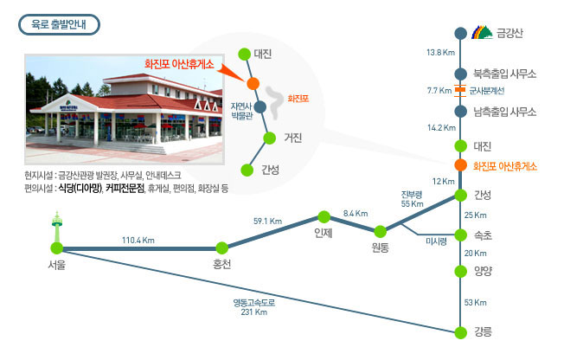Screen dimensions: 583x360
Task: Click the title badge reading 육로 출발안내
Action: pyautogui.click(x=59, y=25)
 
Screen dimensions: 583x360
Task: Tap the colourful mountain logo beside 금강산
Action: pyautogui.click(x=483, y=32)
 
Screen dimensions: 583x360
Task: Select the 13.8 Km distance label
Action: pyautogui.click(x=440, y=53)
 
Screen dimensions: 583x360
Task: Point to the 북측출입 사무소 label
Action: pyautogui.click(x=504, y=74)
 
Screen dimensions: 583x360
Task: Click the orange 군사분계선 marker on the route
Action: pyautogui.click(x=460, y=90)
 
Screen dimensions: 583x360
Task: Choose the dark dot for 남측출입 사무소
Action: pyautogui.click(x=461, y=111)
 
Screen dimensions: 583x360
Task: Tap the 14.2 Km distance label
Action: pyautogui.click(x=441, y=128)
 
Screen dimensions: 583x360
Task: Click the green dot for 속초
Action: pyautogui.click(x=461, y=235)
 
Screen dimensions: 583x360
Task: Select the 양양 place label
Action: pyautogui.click(x=483, y=271)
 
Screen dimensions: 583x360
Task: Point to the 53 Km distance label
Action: pyautogui.click(x=475, y=303)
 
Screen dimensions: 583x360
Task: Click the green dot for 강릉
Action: pyautogui.click(x=461, y=332)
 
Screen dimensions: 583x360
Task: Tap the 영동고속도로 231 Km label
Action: pyautogui.click(x=254, y=307)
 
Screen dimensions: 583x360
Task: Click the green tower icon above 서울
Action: pyautogui.click(x=56, y=226)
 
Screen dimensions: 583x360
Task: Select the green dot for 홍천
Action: pyautogui.click(x=221, y=247)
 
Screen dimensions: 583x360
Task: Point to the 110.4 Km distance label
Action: pyautogui.click(x=138, y=241)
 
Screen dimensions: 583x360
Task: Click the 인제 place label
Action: pyautogui.click(x=324, y=233)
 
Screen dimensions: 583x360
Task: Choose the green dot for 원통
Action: pyautogui.click(x=380, y=232)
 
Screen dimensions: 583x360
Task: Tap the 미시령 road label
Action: pyautogui.click(x=437, y=241)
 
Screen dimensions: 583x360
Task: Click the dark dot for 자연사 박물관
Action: pyautogui.click(x=259, y=107)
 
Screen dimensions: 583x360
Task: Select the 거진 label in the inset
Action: pyautogui.click(x=293, y=138)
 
